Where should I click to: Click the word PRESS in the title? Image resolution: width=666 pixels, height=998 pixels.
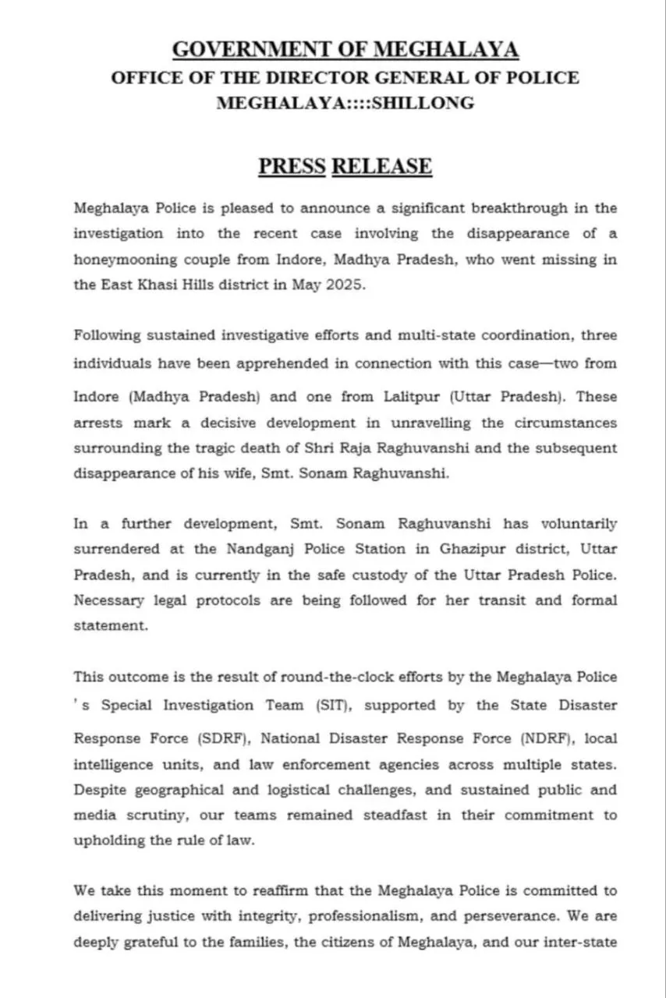pos(292,166)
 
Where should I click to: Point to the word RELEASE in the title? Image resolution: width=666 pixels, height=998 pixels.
pos(381,166)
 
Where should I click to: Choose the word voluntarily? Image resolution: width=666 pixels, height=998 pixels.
pos(578,523)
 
